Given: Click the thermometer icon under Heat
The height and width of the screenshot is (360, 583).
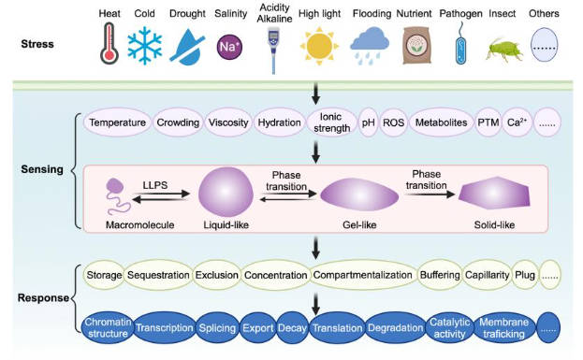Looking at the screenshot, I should [x=110, y=45].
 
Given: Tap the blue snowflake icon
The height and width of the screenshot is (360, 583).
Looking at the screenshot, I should [x=146, y=45].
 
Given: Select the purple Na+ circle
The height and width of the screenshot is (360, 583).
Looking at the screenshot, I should [x=230, y=45].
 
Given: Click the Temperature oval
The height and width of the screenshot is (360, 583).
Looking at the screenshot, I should [x=117, y=122].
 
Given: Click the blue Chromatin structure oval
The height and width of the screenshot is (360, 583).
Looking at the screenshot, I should [x=104, y=327].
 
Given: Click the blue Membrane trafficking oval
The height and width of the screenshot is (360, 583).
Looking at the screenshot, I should [x=503, y=327].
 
